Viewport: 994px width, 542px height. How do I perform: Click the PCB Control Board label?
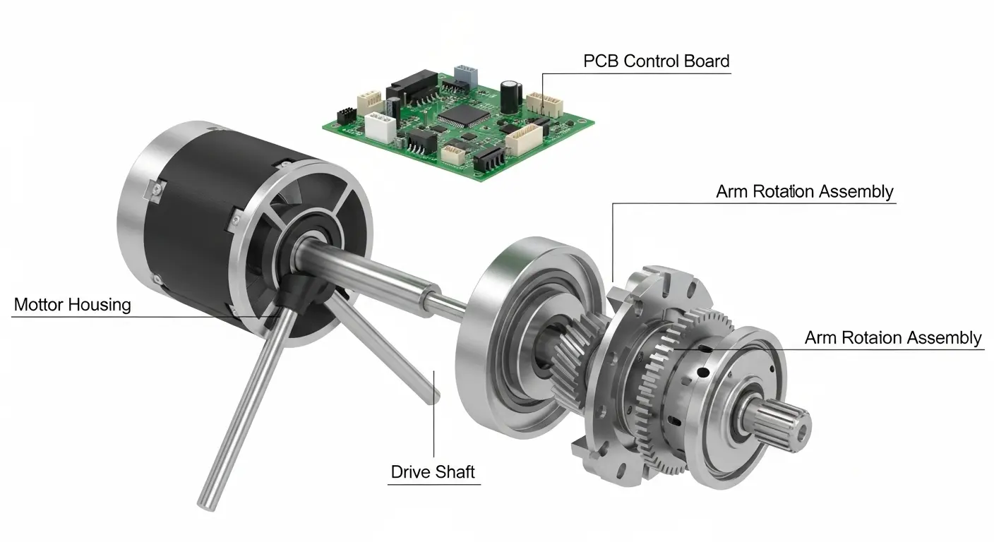pos(657,61)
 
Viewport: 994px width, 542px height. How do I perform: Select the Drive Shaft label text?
pos(433,472)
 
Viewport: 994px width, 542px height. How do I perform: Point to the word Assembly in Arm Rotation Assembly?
pos(856,192)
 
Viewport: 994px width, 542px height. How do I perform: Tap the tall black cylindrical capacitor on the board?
pos(510,97)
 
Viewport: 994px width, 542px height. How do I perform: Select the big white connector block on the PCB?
pos(380,128)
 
